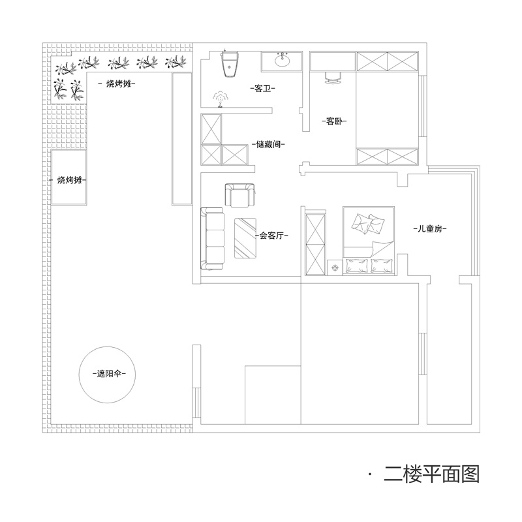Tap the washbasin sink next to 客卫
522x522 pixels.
pyautogui.click(x=283, y=62)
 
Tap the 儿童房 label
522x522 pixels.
pyautogui.click(x=429, y=229)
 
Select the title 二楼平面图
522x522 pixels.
pyautogui.click(x=432, y=474)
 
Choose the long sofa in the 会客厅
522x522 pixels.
pyautogui.click(x=211, y=239)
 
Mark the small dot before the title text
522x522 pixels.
pyautogui.click(x=370, y=474)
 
